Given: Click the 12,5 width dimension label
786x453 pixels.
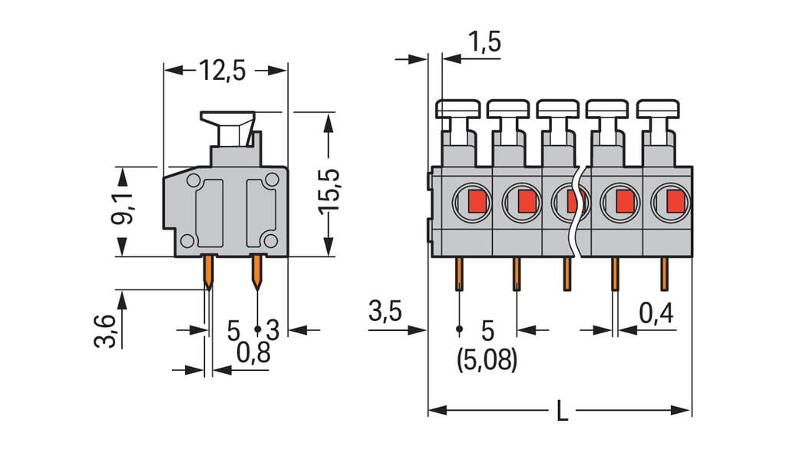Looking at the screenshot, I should click(223, 71).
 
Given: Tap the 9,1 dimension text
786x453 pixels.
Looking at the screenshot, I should click(123, 208).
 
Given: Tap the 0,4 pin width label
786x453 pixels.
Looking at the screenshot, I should click(656, 312).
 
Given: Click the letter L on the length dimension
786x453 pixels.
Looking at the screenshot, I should click(562, 412).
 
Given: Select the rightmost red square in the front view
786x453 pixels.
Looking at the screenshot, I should click(675, 202).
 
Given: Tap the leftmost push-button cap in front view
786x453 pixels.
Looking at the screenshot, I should click(457, 108).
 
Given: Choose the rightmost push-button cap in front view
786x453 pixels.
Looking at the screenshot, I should click(658, 108).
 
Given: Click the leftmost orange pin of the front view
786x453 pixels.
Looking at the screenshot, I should click(459, 274).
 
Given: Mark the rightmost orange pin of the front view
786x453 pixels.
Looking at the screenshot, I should click(665, 274).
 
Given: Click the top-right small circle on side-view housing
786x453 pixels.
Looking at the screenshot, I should click(272, 180).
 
